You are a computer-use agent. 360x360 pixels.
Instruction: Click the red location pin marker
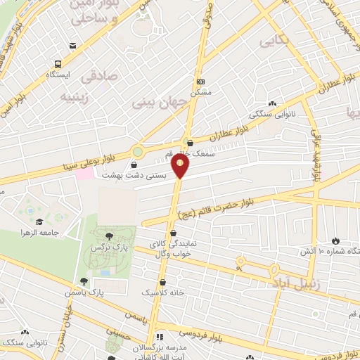[181, 167]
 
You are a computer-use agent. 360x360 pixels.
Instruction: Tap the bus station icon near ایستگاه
[72, 46]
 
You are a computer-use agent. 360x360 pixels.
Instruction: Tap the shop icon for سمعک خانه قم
[191, 143]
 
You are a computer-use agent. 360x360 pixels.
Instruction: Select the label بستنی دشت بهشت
[134, 175]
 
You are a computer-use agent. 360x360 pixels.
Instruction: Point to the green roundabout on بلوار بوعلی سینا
[138, 150]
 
